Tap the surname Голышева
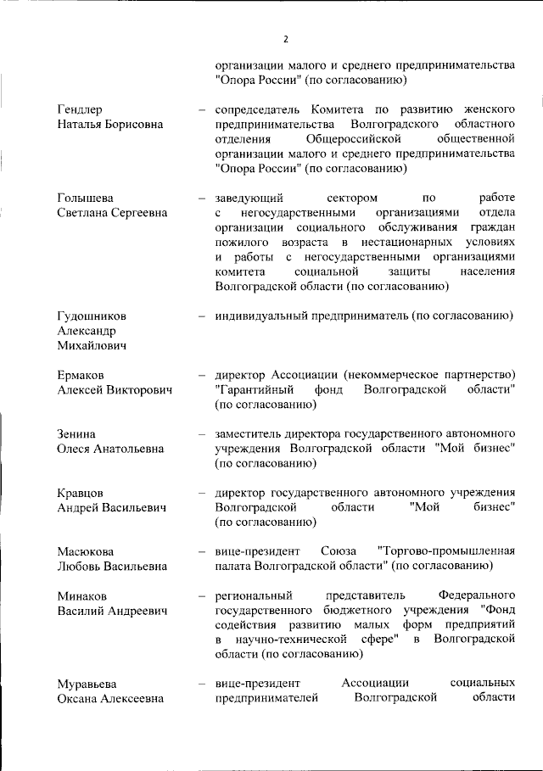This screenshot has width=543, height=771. pos(85,198)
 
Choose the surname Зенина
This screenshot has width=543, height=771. pos(76,434)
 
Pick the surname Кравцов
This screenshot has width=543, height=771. pos(81,493)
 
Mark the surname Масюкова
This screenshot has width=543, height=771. pos(86,552)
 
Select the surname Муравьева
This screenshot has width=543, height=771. pos(88,684)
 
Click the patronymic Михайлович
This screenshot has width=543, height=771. pos(92,346)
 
